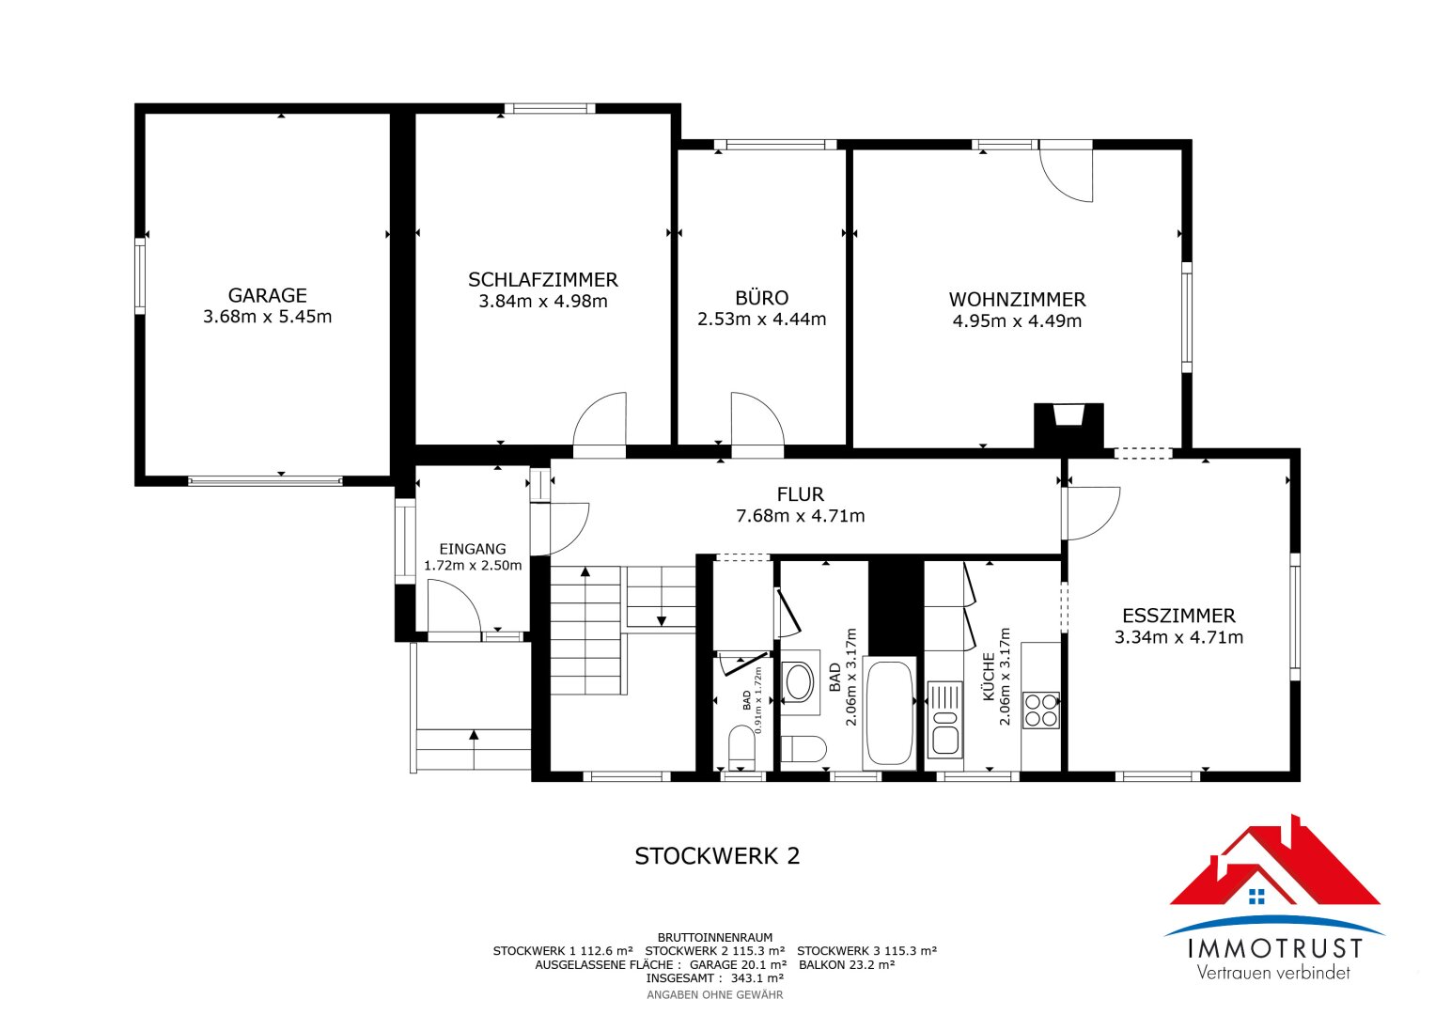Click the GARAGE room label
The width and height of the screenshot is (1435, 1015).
tap(267, 295)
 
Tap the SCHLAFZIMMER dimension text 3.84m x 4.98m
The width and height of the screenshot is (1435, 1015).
tap(542, 301)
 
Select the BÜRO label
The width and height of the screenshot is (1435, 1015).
tap(761, 297)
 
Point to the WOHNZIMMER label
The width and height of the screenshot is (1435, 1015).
tap(1017, 299)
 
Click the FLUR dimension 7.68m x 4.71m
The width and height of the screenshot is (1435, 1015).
tap(800, 516)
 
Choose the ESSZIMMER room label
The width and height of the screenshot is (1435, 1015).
tap(1178, 616)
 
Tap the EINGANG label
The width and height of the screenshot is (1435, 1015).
tap(472, 549)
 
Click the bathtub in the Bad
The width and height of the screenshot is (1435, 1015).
tap(889, 712)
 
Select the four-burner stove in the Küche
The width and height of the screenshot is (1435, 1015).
tap(1040, 710)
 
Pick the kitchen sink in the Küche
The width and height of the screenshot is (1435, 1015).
tap(945, 720)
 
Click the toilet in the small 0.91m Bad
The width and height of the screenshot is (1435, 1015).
tap(741, 747)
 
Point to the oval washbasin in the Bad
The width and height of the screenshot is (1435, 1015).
tap(799, 681)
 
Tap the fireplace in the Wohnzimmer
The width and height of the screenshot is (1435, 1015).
tap(1068, 425)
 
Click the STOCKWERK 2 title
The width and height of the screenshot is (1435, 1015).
tap(717, 856)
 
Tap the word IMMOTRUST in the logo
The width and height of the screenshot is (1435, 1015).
tap(1275, 949)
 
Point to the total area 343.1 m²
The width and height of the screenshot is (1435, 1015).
tap(757, 978)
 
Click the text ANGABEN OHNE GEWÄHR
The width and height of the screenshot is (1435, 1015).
tap(715, 995)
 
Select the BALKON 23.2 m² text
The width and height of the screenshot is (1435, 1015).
tap(847, 965)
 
